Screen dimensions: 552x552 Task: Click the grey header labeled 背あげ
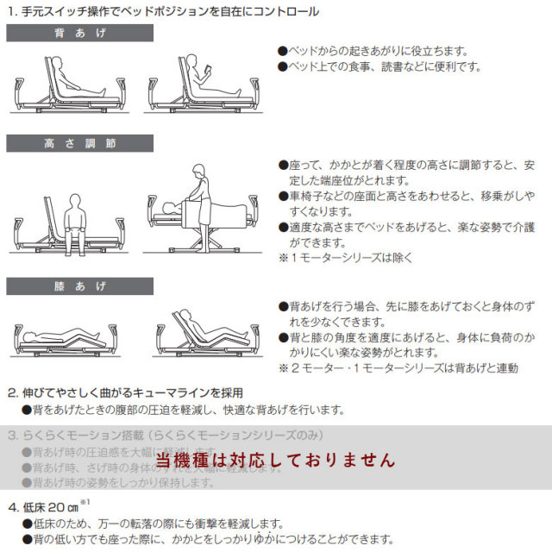79,33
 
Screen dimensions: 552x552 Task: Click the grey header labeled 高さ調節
79,142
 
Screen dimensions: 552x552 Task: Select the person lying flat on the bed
60,335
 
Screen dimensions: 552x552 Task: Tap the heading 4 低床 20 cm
43,507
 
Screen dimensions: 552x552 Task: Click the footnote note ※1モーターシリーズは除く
345,257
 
